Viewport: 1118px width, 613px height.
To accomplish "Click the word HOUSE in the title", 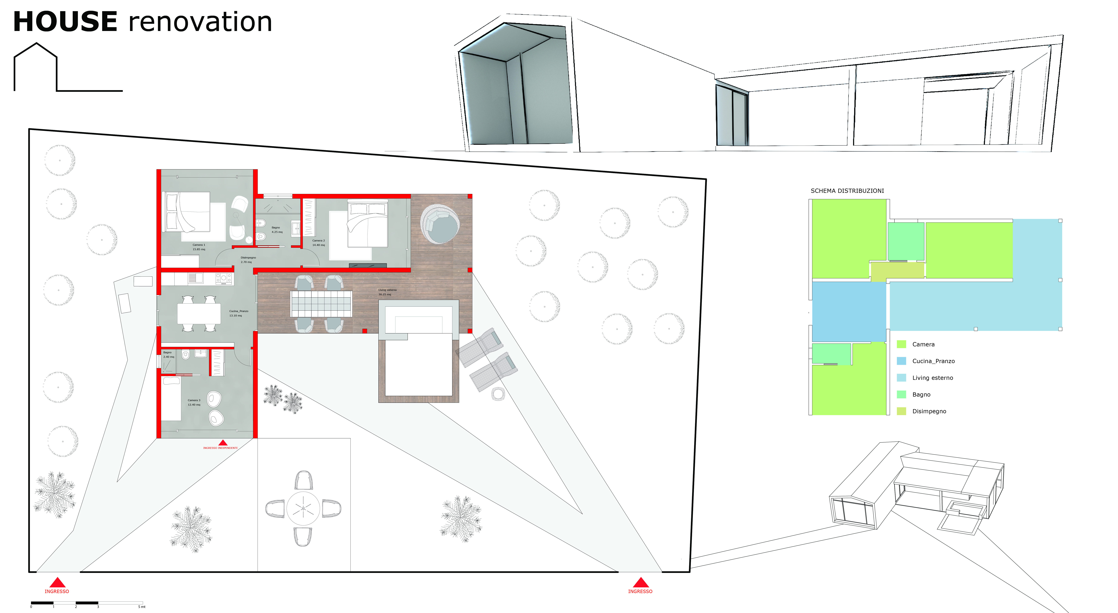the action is (65, 22).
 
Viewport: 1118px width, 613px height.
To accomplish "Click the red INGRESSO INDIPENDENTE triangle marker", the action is (223, 442).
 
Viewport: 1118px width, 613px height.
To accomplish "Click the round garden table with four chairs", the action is (303, 508).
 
